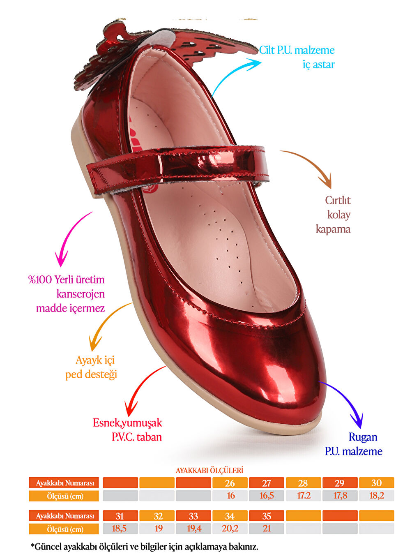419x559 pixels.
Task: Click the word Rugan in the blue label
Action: (x=363, y=437)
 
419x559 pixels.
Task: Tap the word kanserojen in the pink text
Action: (x=81, y=294)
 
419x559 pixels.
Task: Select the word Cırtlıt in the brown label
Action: (x=338, y=200)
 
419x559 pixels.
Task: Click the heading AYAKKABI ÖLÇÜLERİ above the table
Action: (x=209, y=470)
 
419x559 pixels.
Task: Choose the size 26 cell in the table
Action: (x=230, y=483)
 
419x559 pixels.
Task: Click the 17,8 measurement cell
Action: (x=340, y=496)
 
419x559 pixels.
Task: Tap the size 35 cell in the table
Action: (x=267, y=516)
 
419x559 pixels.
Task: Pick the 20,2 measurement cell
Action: (x=230, y=529)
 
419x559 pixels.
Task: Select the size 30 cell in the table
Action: (x=376, y=483)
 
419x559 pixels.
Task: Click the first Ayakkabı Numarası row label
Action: (x=64, y=483)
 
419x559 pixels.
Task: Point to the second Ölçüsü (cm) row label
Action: (x=64, y=529)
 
